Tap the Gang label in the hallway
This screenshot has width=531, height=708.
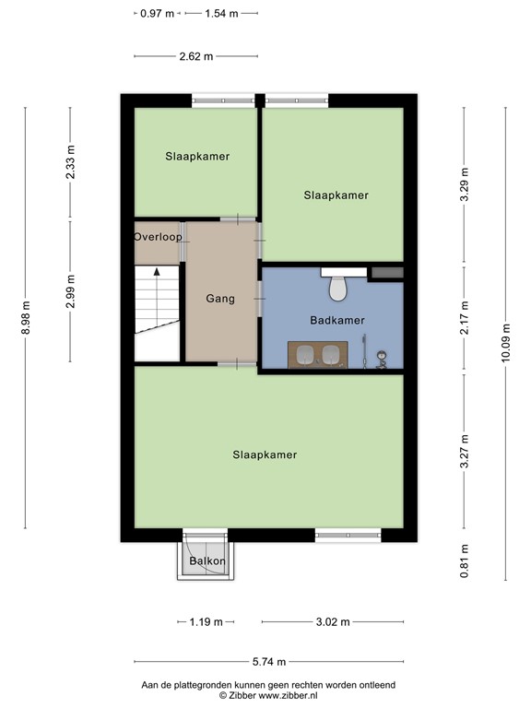click(220, 299)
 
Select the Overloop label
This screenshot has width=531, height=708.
click(158, 237)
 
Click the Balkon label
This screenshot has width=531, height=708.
click(205, 561)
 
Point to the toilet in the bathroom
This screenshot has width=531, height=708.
click(337, 287)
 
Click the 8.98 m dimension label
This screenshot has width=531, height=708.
click(26, 318)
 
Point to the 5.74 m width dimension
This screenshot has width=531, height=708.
click(268, 662)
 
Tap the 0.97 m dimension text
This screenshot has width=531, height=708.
click(157, 14)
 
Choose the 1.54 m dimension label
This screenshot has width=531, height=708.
click(221, 14)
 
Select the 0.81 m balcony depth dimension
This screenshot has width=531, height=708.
click(465, 560)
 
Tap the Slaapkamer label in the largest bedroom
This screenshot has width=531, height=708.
click(265, 454)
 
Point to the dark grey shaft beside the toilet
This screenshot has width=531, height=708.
click(386, 273)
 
